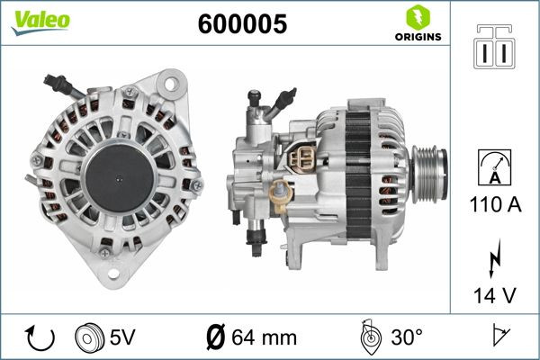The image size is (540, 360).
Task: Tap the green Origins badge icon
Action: (x=415, y=19)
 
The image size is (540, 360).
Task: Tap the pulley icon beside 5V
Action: (x=88, y=337)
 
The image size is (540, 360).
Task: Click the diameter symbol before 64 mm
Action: (x=216, y=337)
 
